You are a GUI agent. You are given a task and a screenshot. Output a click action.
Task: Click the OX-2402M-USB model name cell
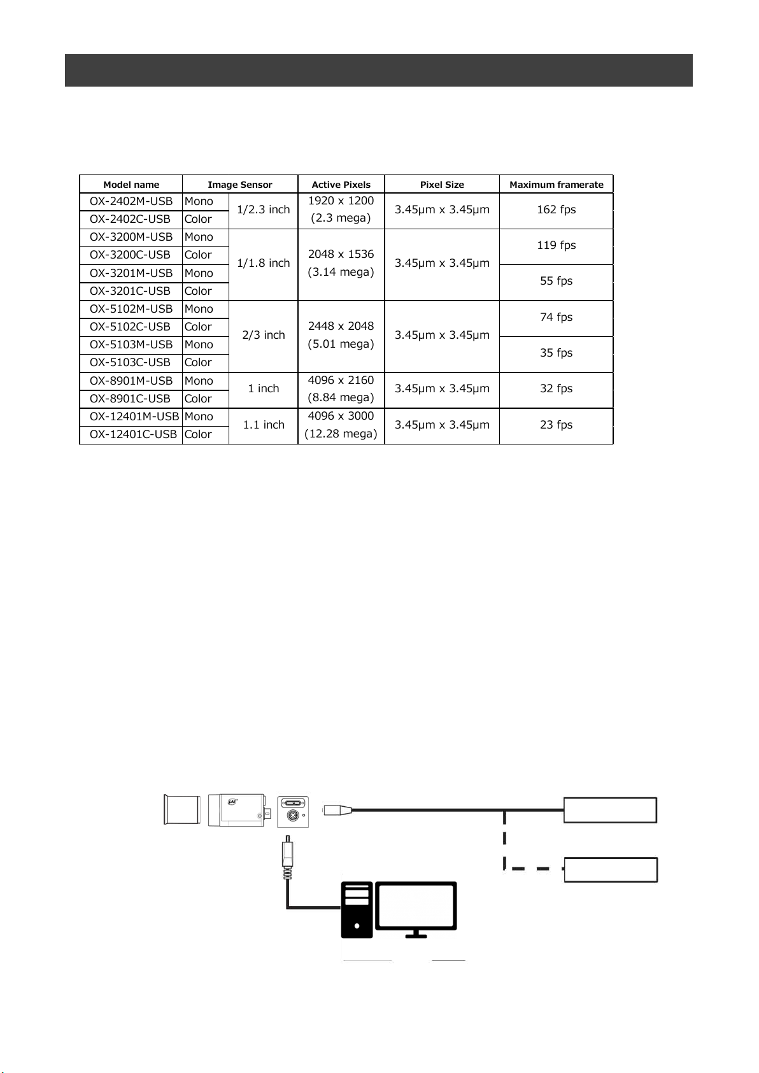pos(131,201)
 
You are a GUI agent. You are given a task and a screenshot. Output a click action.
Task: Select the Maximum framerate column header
pos(556,185)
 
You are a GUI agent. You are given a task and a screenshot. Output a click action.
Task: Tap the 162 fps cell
pos(556,210)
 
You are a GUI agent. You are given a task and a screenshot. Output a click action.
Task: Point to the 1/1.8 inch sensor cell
pos(263,263)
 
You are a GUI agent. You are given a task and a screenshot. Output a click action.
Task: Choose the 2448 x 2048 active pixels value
pos(341,326)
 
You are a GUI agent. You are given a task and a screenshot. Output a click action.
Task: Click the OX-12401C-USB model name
pos(133,434)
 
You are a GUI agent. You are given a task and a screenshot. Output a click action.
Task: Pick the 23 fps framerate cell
pos(556,425)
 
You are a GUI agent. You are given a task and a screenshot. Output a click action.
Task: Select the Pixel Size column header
pos(442,185)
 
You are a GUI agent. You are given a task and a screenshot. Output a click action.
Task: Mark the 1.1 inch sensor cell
pos(263,425)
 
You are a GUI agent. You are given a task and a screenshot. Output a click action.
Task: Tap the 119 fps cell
pos(556,245)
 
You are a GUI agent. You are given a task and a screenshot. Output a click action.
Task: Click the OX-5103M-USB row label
pos(131,345)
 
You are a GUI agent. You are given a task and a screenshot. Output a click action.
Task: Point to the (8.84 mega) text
pos(341,398)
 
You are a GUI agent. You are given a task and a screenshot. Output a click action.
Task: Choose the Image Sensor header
pos(239,185)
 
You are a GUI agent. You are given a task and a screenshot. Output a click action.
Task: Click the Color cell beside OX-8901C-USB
pos(198,399)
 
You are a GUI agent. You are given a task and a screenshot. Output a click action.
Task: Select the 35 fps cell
pos(556,353)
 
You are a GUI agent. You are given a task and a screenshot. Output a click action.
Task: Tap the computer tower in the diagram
pos(357,909)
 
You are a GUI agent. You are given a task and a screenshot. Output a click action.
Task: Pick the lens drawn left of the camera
pos(182,810)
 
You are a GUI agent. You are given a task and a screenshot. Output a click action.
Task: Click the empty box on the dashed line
pos(611,870)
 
